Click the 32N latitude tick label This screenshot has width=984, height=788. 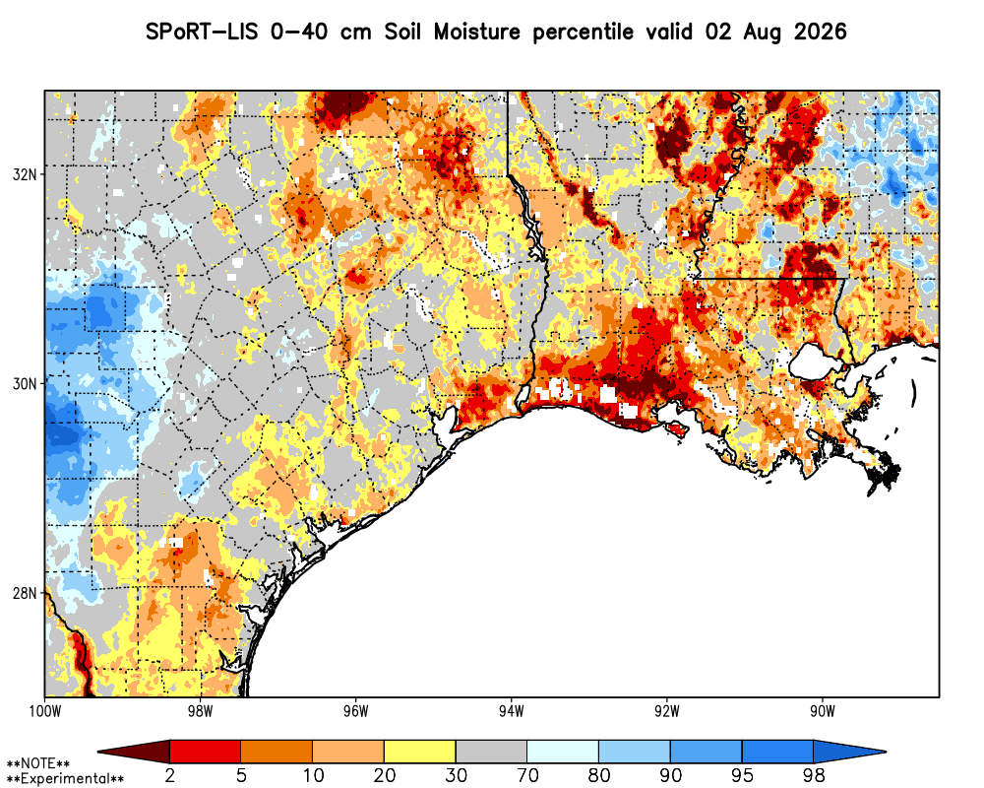pos(25,174)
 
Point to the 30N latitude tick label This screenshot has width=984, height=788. pos(25,383)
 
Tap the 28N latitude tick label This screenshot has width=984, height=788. pos(25,593)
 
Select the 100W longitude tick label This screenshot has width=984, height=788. pos(44,711)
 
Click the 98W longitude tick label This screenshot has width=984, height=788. pos(200,711)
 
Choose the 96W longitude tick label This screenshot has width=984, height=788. pos(356,711)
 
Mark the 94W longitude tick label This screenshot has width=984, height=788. pos(512,711)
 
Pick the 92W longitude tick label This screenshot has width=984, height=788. pos(667,711)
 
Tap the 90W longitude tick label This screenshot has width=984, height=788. pos(823,711)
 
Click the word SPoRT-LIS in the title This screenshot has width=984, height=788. pos(202,32)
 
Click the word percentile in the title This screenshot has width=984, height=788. pos(583,33)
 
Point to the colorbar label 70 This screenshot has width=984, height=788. pos(527,775)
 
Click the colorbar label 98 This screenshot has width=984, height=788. pos(814,775)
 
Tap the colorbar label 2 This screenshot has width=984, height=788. pos(170,775)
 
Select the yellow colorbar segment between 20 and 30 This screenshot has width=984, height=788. pos(420,752)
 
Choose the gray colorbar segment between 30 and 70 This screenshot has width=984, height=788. pos(491,752)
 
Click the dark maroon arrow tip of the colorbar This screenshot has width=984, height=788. pos(100,752)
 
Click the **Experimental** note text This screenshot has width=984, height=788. pos(65,779)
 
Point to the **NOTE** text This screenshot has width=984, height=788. pos(38,764)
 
